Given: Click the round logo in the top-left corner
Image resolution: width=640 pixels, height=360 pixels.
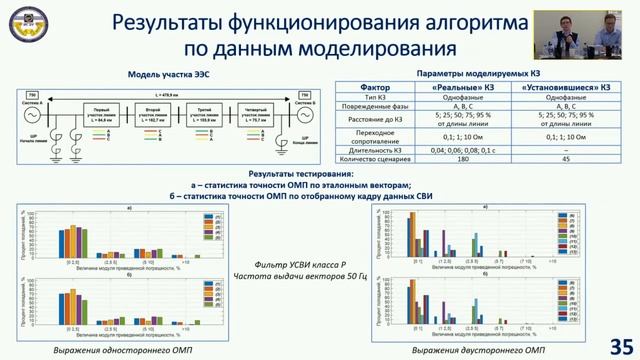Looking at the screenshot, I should click(x=26, y=27).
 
